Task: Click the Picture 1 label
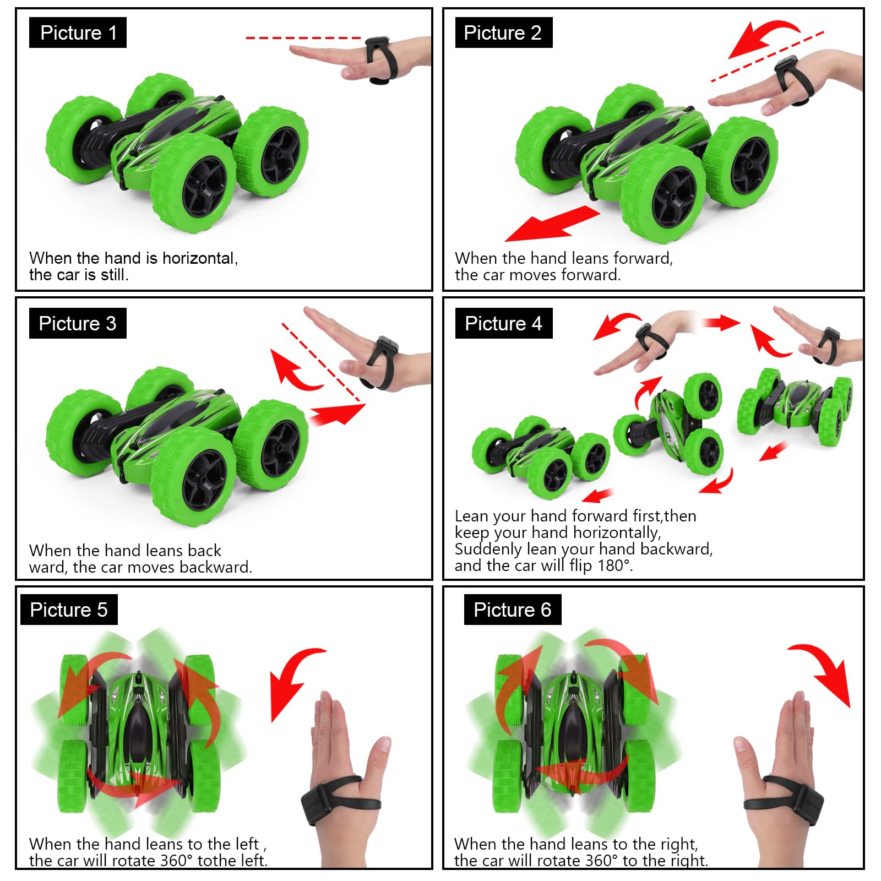[x=78, y=32]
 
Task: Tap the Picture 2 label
[x=503, y=32]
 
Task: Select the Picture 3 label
[x=78, y=323]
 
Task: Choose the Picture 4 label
[x=503, y=323]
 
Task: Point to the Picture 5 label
[x=69, y=610]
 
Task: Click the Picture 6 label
[x=513, y=610]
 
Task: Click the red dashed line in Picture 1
[x=303, y=38]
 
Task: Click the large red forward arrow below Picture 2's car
[x=552, y=224]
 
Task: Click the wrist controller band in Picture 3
[x=382, y=363]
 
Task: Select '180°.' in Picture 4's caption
[x=615, y=565]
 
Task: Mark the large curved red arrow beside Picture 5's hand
[x=295, y=682]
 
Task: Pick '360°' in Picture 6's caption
[x=599, y=860]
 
